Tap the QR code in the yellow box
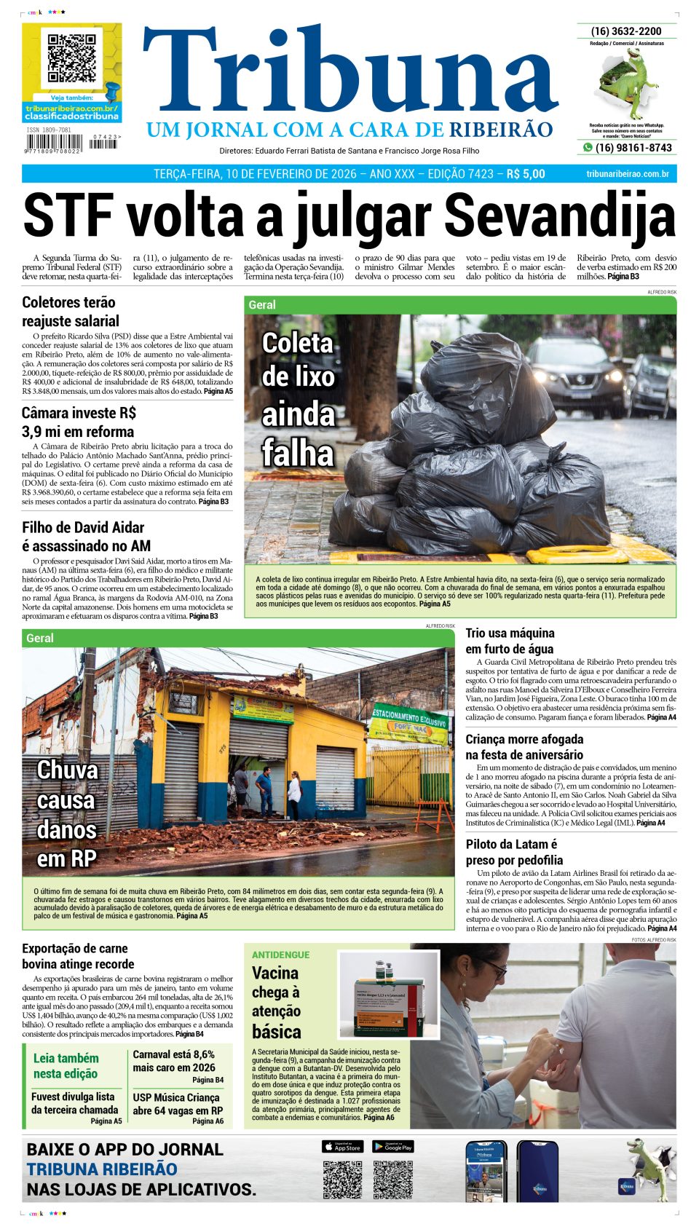coord(71,58)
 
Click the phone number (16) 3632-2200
coord(626,31)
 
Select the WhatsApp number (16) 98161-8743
coord(633,148)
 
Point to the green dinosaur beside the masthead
coord(627,84)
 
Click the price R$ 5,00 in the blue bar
coord(525,174)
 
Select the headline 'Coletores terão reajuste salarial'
coord(71,312)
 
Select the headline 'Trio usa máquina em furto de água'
coord(510,641)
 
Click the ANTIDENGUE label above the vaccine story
coord(280,955)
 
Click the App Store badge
coord(342,1147)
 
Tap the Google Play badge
coord(393,1147)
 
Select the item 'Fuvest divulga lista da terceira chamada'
coord(74,1103)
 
